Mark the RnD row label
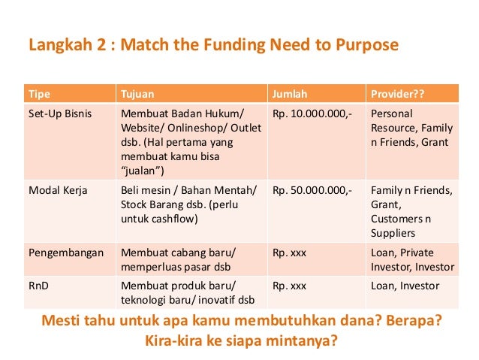coord(38,286)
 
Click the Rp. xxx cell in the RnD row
coord(289,286)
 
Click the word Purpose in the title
coord(368,46)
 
